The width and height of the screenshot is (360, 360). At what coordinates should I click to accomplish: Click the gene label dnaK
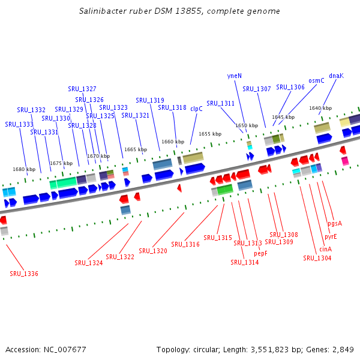point(336,76)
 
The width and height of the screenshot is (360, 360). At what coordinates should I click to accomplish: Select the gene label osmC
point(316,80)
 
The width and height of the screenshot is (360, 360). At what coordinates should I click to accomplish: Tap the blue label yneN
point(235,76)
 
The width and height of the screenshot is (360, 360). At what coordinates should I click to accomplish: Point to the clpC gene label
point(196,109)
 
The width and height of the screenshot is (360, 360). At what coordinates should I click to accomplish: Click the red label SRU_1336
point(24,274)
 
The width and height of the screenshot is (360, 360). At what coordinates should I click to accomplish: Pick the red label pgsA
point(335,223)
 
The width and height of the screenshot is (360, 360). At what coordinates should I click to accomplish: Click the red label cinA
point(325,249)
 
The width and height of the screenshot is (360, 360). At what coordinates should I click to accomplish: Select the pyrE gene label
point(331,236)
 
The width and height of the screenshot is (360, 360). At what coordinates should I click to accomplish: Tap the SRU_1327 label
point(82,89)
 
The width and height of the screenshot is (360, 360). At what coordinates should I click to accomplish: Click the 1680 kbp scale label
point(24,170)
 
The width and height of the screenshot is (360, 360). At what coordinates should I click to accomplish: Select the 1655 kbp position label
point(210,134)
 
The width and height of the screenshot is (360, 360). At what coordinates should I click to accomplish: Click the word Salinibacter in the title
point(103,11)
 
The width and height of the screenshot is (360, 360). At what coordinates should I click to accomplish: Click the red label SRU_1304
point(317,258)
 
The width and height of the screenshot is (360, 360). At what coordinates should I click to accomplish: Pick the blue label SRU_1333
point(19,124)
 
